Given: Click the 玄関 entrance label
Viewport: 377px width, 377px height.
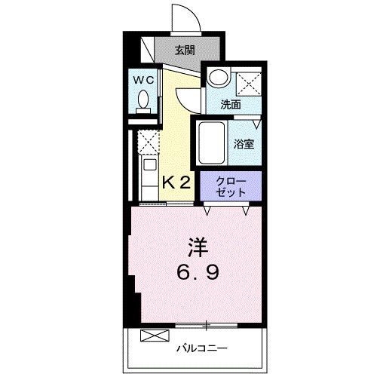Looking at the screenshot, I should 185,51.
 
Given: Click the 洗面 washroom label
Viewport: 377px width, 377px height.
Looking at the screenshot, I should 231,105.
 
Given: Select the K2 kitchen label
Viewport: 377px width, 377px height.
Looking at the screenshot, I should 178,181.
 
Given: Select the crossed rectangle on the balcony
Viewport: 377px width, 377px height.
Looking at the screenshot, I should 152,336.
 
